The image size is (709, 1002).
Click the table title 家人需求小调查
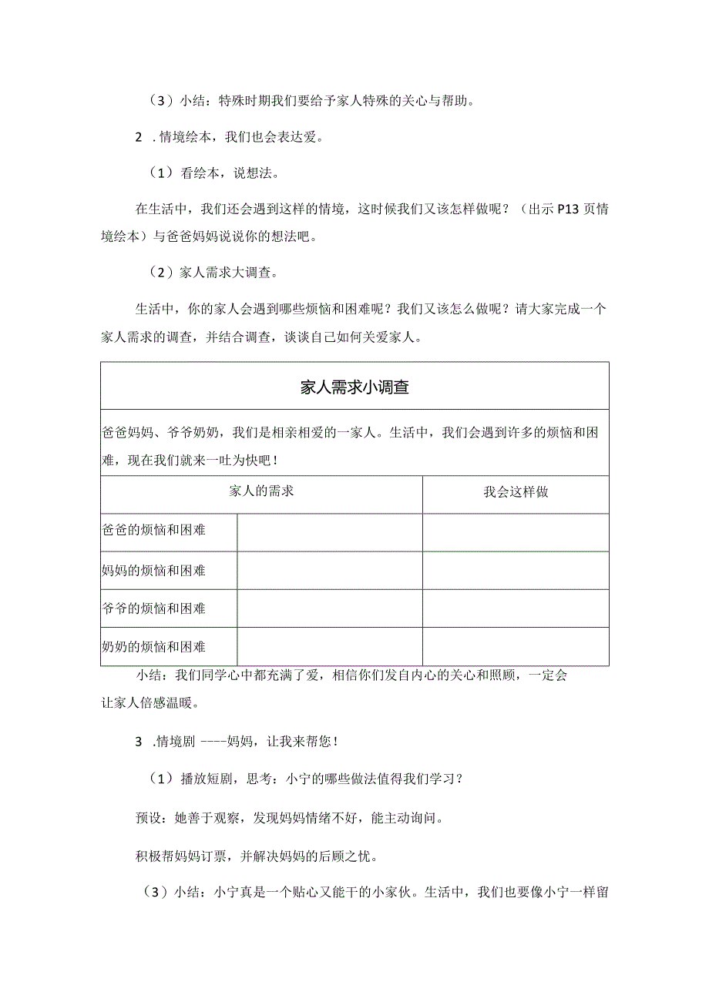click(x=354, y=387)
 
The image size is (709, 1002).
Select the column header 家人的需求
click(x=261, y=491)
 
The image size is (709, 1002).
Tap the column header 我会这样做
click(x=516, y=492)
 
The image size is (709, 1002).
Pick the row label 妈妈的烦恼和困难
click(x=154, y=571)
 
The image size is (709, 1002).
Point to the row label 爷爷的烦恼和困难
click(x=154, y=608)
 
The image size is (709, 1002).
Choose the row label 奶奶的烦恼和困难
click(x=154, y=646)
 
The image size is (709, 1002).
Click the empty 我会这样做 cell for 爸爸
click(x=516, y=532)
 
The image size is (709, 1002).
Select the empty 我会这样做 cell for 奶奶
click(x=516, y=647)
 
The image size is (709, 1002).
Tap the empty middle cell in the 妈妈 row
click(x=329, y=571)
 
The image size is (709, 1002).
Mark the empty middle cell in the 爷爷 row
click(x=329, y=608)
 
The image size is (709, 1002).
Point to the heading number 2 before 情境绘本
click(x=139, y=138)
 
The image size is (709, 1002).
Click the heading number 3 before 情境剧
click(x=139, y=742)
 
